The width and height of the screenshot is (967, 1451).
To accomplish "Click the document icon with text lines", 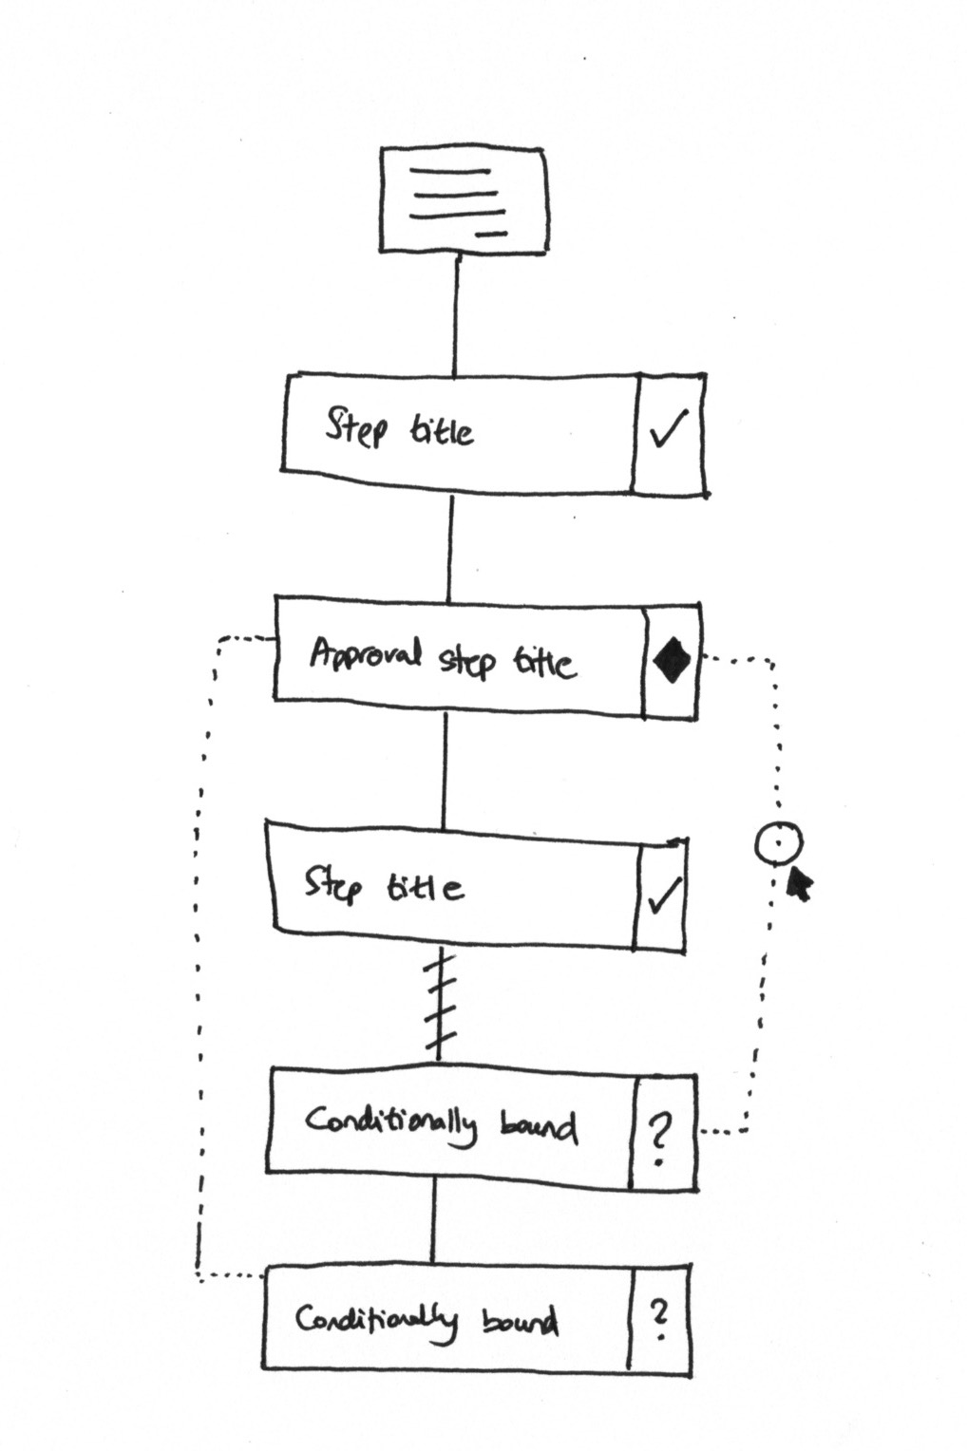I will [x=463, y=200].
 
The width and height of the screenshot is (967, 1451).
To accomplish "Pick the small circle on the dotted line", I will [x=779, y=842].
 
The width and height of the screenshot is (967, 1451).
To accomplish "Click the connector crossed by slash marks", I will [x=441, y=1007].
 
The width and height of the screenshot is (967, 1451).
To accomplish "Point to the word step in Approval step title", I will [x=466, y=660].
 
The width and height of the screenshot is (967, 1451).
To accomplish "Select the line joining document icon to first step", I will [x=456, y=313].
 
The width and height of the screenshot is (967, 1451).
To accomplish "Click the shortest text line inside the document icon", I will [x=491, y=233].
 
